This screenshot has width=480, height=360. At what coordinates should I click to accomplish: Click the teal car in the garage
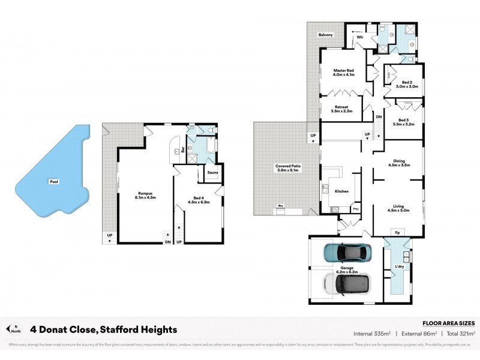click(345, 253)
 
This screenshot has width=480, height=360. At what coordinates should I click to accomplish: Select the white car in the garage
click(345, 283)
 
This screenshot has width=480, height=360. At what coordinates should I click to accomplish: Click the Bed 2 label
click(406, 84)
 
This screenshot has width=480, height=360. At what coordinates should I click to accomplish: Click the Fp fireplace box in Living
click(397, 232)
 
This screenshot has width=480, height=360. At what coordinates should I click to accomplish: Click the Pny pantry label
click(356, 208)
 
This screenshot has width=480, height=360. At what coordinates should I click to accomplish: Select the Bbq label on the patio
click(280, 206)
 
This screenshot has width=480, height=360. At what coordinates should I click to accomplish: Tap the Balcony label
click(326, 35)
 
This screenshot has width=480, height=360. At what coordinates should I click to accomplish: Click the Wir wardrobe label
click(360, 37)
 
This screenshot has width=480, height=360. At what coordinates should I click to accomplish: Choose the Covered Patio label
click(287, 168)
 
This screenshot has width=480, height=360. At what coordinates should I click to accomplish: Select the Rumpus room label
click(146, 195)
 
